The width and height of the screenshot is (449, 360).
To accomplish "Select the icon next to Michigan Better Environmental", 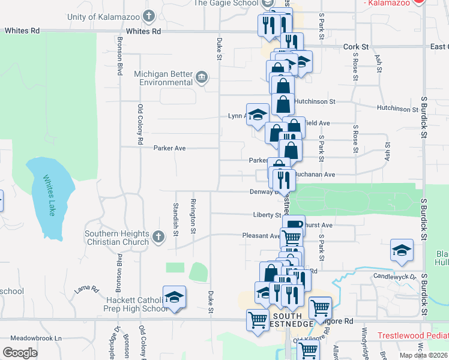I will click(201, 77).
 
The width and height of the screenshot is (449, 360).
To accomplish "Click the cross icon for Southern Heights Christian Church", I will click(158, 237).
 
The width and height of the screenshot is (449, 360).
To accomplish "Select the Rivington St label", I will click(193, 215).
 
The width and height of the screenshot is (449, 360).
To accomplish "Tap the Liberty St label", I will click(267, 215).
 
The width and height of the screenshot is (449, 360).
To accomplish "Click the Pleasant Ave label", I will click(261, 236).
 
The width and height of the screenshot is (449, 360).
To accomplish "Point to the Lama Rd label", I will click(86, 289).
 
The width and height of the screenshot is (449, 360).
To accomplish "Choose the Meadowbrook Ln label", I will click(40, 338).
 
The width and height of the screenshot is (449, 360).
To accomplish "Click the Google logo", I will click(20, 352).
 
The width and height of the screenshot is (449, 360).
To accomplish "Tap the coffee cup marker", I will click(294, 225).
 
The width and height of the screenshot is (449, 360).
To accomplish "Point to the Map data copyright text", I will click(423, 355).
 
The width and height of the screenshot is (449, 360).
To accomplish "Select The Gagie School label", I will click(226, 3).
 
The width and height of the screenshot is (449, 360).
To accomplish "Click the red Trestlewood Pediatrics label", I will click(413, 335).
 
